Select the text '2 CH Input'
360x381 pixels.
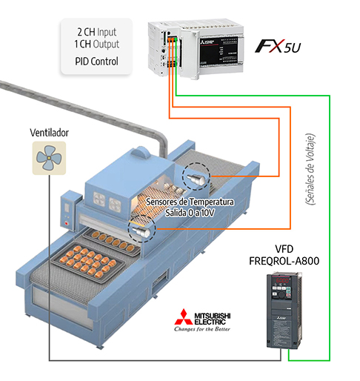click(97, 32)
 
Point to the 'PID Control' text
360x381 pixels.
click(97, 60)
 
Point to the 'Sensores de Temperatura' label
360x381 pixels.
click(190, 202)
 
